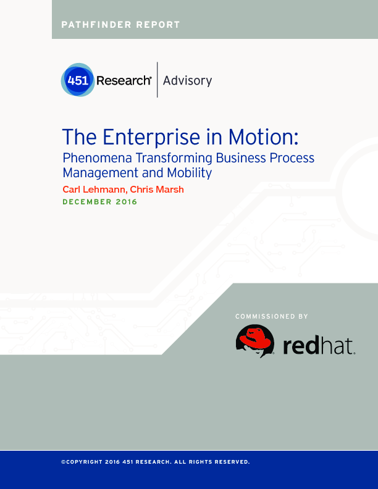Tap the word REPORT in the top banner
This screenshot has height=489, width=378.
coord(158,25)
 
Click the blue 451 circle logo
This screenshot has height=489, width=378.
coord(78,80)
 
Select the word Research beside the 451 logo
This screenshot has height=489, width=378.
coord(124,80)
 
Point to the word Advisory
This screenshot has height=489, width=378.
coord(187,81)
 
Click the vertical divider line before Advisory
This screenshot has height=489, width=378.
coord(157,80)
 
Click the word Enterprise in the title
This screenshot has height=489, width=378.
coord(151,137)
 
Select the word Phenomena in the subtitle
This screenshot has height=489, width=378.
coord(97,158)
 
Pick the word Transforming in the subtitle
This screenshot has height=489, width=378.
coord(174,159)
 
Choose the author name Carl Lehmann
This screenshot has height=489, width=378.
coord(94,190)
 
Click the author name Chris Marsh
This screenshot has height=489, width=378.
coord(157,190)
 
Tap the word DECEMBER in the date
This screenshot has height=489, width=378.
coord(87,202)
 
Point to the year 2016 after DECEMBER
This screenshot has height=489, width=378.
coord(127,202)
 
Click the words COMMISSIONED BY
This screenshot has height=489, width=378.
coord(272,317)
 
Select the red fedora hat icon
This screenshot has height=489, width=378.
coord(255,341)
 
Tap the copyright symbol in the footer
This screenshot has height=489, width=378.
coord(64,462)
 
